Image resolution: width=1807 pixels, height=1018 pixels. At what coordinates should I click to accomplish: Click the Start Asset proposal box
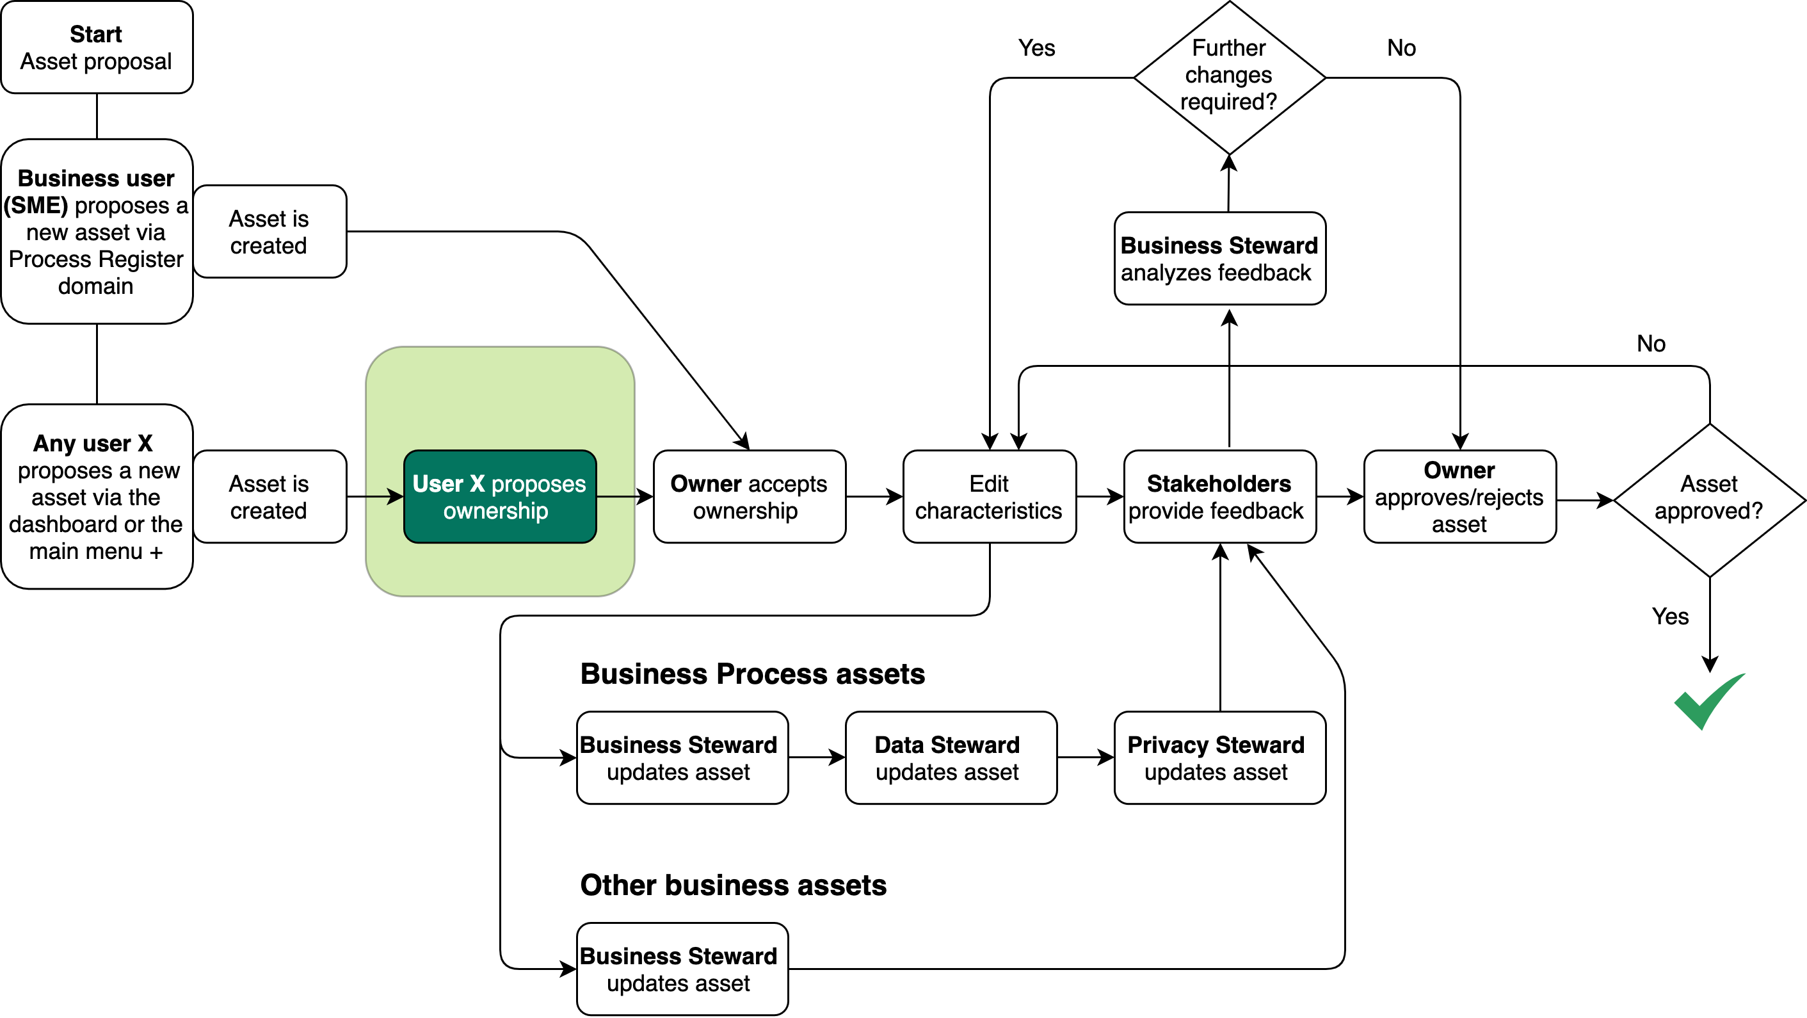(97, 47)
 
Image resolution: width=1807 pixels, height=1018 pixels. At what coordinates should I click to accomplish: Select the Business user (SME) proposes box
(97, 232)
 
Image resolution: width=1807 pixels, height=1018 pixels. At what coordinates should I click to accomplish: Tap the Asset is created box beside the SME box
(269, 232)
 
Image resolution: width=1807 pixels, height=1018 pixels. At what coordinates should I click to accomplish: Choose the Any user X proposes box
(97, 497)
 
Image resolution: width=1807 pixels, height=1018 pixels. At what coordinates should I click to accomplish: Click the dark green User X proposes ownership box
(499, 497)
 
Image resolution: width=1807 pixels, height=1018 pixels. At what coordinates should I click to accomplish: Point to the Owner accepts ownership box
(749, 497)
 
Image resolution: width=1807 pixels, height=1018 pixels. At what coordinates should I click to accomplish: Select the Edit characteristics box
(989, 497)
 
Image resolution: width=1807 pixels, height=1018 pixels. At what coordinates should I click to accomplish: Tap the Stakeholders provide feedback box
(1219, 497)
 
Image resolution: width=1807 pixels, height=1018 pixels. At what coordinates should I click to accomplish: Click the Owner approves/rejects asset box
(1460, 497)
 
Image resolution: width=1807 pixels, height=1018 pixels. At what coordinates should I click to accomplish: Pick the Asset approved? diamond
(1710, 499)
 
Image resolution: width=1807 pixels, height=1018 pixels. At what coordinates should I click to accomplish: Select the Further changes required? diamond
(1229, 77)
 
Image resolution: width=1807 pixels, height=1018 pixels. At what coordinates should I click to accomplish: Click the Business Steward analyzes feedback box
(1219, 258)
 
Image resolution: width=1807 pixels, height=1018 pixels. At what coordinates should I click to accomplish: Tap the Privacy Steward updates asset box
(1219, 757)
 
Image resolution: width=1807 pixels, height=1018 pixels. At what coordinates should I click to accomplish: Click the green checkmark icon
(1709, 702)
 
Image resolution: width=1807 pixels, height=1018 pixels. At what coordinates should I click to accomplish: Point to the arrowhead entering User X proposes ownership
(396, 497)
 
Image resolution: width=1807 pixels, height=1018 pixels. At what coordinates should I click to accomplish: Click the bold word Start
(96, 34)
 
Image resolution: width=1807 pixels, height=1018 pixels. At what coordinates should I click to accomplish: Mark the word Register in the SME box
(141, 259)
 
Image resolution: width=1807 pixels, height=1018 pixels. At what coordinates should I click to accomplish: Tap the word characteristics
(989, 511)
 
